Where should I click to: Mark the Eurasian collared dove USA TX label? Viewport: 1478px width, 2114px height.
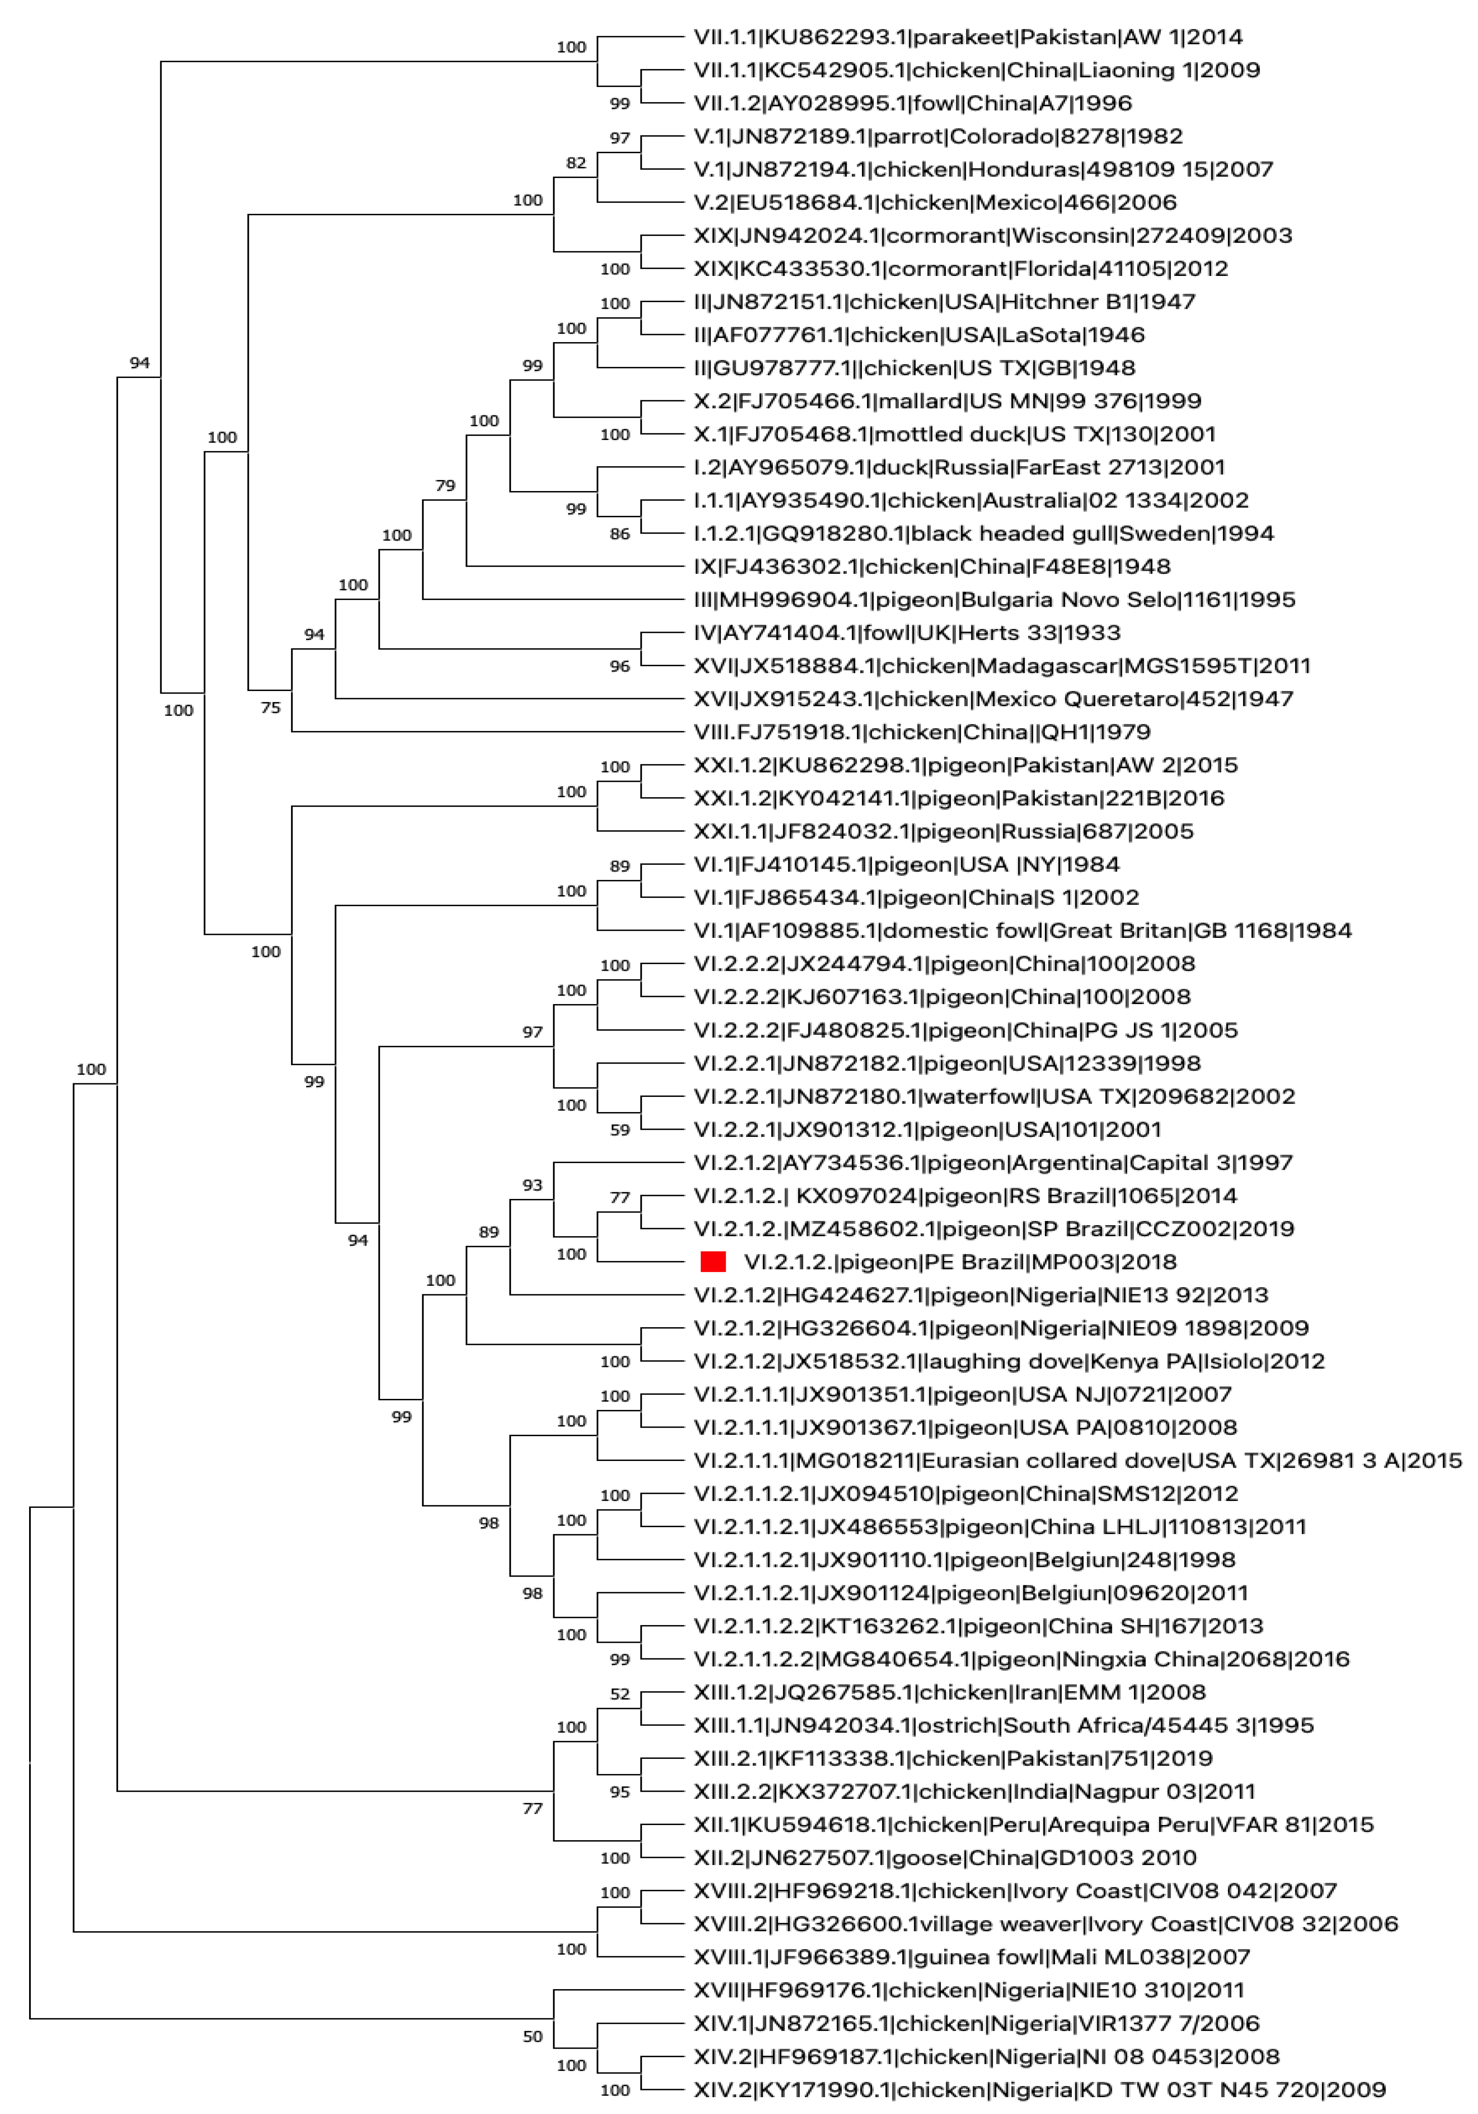1077,1460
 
